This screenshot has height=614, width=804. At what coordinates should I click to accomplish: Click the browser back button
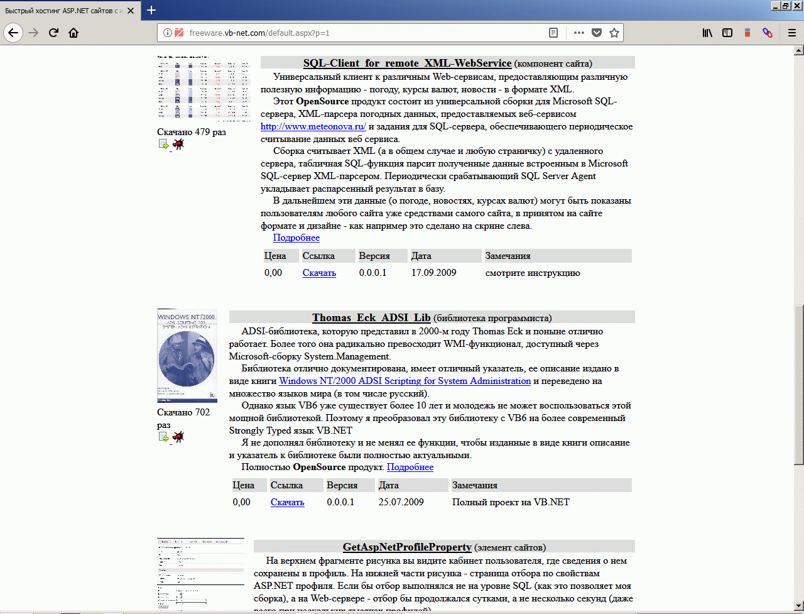pyautogui.click(x=14, y=33)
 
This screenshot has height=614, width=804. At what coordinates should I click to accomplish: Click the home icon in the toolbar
pyautogui.click(x=73, y=33)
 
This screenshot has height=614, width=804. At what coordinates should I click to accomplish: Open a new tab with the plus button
pyautogui.click(x=151, y=10)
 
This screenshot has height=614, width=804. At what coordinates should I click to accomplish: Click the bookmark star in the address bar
pyautogui.click(x=614, y=33)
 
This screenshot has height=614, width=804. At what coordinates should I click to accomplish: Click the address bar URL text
pyautogui.click(x=259, y=33)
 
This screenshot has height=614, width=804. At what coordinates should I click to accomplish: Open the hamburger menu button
pyautogui.click(x=792, y=33)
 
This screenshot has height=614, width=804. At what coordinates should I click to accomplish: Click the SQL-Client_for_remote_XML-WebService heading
pyautogui.click(x=407, y=63)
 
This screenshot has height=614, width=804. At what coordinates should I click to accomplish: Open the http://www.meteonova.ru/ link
pyautogui.click(x=313, y=126)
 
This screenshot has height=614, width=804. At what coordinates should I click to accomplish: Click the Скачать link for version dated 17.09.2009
pyautogui.click(x=319, y=273)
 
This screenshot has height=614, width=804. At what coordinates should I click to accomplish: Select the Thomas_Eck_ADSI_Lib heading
pyautogui.click(x=371, y=317)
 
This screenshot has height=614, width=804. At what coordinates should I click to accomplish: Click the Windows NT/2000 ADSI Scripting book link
pyautogui.click(x=405, y=381)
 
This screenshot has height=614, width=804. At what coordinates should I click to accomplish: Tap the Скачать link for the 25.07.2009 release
pyautogui.click(x=287, y=502)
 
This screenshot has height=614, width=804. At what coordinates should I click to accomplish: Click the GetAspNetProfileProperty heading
pyautogui.click(x=407, y=547)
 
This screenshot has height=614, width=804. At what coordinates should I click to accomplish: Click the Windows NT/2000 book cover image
pyautogui.click(x=187, y=355)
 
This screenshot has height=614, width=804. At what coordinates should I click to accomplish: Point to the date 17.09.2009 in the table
pyautogui.click(x=433, y=273)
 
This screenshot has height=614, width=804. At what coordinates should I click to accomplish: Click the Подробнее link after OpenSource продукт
pyautogui.click(x=410, y=467)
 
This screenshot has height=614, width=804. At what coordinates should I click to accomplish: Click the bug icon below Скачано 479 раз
pyautogui.click(x=178, y=145)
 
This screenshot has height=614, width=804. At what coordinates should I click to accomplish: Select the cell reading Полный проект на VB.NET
pyautogui.click(x=511, y=502)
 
